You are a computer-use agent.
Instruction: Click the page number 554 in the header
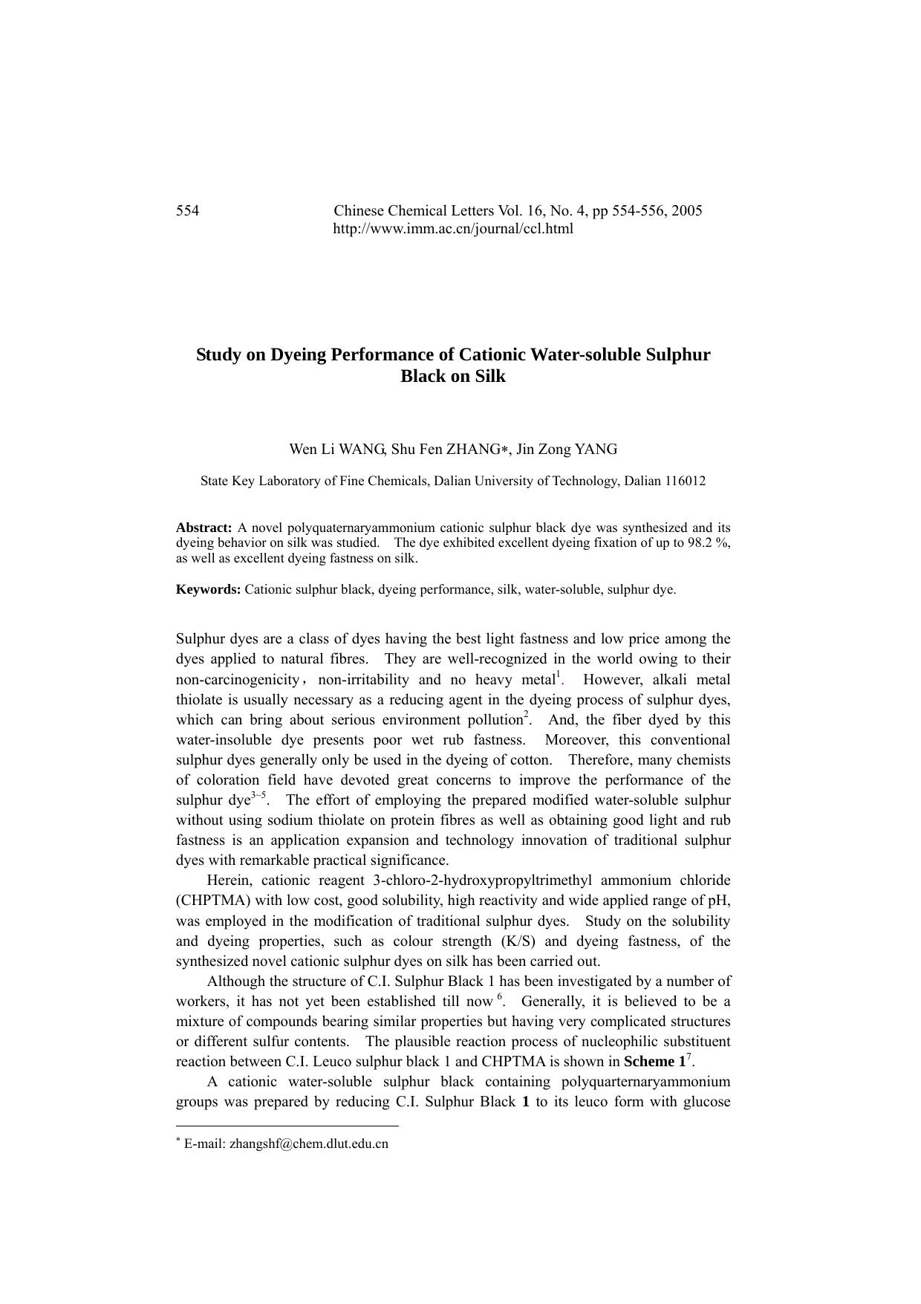click(187, 211)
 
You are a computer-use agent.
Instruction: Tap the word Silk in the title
click(488, 377)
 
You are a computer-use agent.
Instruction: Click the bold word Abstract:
click(204, 528)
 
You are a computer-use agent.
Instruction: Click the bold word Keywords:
click(208, 590)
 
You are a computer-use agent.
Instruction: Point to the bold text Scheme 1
click(654, 1062)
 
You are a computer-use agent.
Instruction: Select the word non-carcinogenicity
click(237, 680)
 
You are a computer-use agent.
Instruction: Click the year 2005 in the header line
click(686, 211)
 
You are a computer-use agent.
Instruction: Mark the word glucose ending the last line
click(706, 1102)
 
